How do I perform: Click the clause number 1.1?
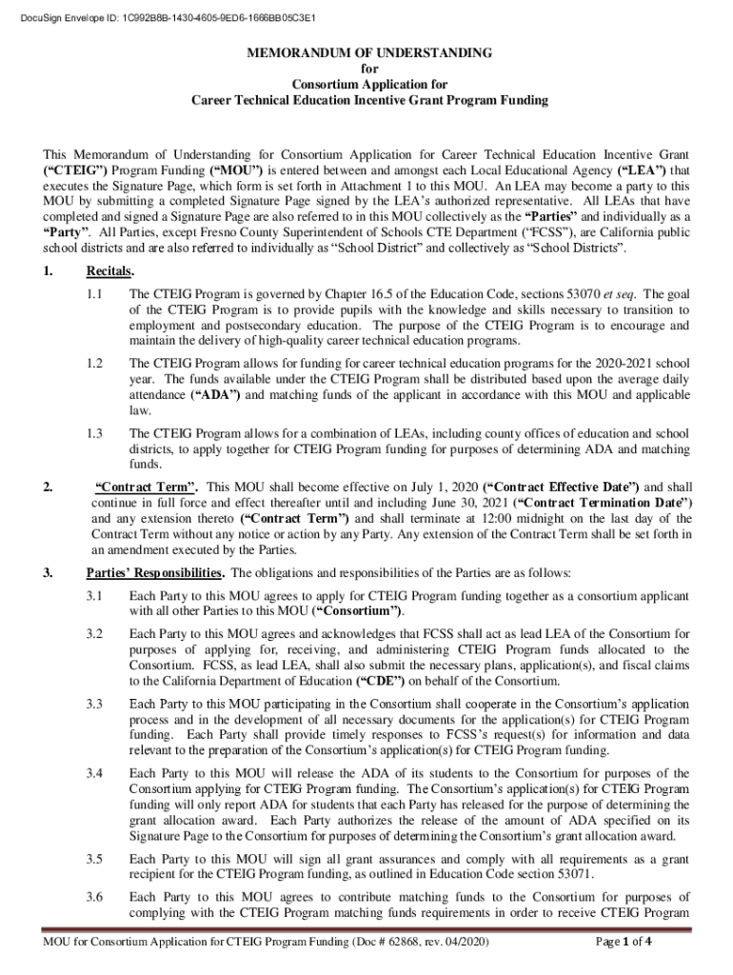(93, 295)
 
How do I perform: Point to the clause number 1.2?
(93, 365)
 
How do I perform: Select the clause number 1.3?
(93, 434)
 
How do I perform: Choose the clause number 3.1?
(93, 596)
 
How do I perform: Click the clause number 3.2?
(93, 633)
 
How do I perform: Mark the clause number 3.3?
(93, 703)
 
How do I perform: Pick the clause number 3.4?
(93, 772)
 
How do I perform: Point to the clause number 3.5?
(93, 860)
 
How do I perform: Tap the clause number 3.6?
(93, 897)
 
